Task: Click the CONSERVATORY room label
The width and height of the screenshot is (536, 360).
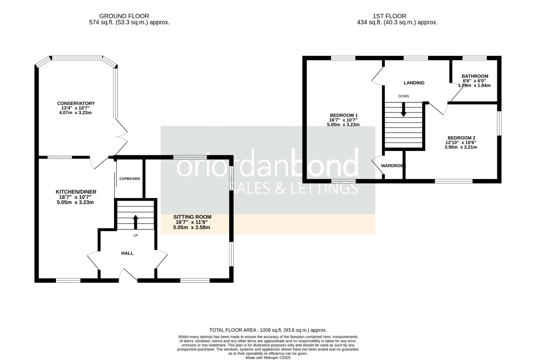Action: (76, 103)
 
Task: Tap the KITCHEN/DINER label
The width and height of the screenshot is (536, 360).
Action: (76, 192)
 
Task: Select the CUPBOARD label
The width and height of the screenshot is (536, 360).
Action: (130, 179)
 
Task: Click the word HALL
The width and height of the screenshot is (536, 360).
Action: (127, 253)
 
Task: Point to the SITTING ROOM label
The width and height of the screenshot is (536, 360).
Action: (192, 217)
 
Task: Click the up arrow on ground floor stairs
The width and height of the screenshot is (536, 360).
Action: (135, 222)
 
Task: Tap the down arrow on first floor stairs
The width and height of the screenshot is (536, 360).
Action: (403, 110)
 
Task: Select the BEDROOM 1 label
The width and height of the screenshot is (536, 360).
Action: (343, 115)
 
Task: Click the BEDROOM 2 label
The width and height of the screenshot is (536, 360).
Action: (461, 138)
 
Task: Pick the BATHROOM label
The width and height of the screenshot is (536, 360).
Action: (475, 76)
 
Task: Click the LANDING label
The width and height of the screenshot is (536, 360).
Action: (414, 83)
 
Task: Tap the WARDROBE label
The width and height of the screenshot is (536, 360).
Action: (393, 166)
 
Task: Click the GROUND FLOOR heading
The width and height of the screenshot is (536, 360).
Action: (124, 16)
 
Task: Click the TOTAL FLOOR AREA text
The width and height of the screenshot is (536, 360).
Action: (268, 330)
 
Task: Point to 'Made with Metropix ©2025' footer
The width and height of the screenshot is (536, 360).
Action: (268, 358)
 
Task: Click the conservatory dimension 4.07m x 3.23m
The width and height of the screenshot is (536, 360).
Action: (75, 113)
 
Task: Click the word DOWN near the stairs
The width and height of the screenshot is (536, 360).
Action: (403, 96)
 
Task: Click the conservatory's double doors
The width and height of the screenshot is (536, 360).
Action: (121, 136)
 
